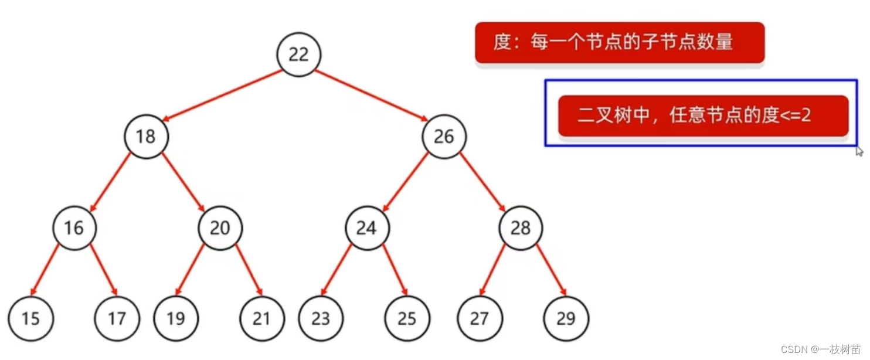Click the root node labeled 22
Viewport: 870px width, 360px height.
299,55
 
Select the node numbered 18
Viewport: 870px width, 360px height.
146,137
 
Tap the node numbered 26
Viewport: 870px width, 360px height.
444,137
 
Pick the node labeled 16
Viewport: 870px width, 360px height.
74,227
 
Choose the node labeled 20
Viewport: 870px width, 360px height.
220,227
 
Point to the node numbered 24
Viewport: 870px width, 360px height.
367,227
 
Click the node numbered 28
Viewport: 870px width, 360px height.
521,227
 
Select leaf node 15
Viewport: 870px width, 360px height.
31,318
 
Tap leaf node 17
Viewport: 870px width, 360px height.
117,318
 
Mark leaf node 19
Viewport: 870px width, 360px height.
176,318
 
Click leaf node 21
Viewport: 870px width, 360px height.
262,318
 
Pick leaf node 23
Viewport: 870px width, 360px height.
321,318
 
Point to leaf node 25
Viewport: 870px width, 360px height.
407,318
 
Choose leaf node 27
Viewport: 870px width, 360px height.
480,318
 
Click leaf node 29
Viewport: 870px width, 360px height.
566,318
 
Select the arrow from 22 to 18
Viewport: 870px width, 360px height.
223,96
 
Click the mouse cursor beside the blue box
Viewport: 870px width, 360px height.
859,151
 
